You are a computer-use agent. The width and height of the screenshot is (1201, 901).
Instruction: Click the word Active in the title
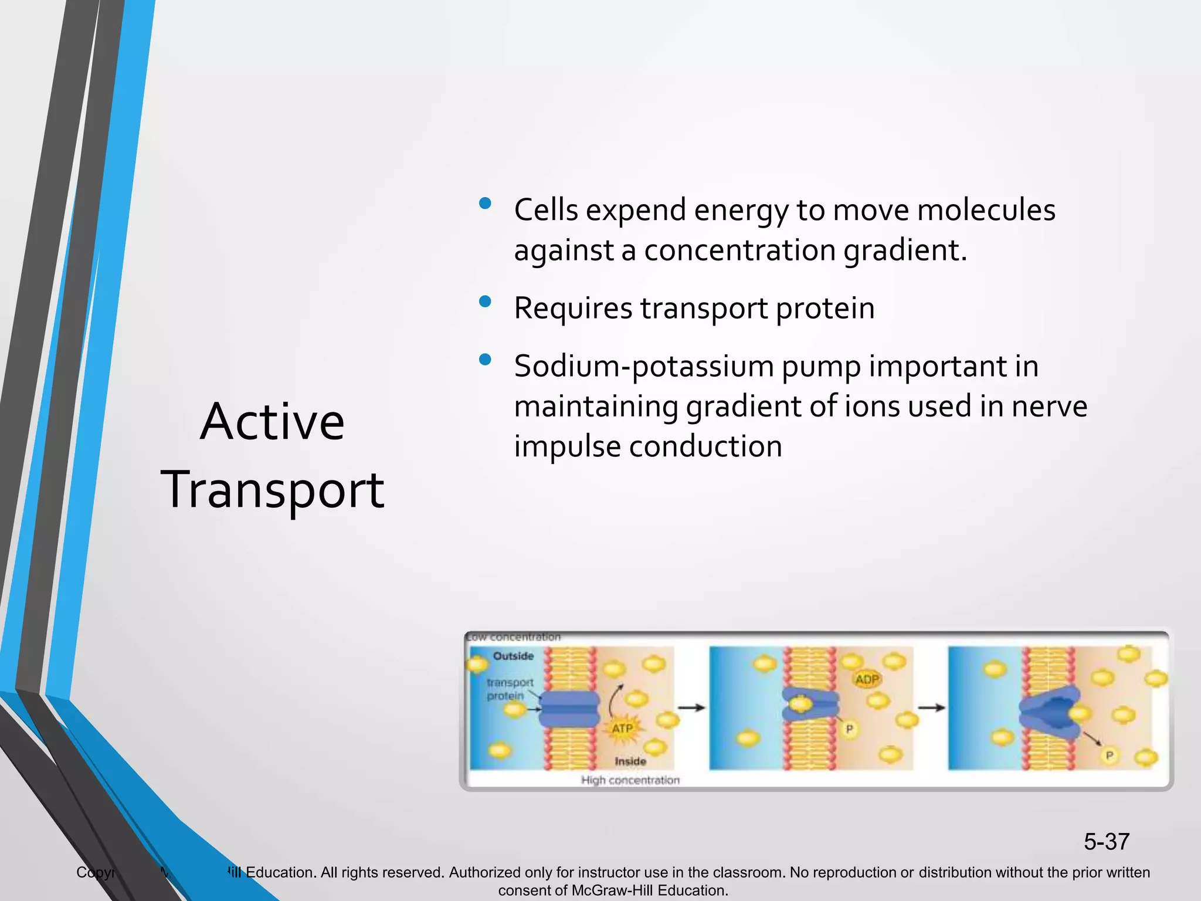click(x=272, y=422)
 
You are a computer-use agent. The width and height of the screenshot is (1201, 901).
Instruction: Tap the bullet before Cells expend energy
click(x=484, y=204)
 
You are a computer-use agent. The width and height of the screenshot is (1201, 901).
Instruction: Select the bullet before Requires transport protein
click(x=484, y=302)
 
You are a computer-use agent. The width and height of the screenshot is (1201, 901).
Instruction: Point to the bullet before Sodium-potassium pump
click(x=484, y=360)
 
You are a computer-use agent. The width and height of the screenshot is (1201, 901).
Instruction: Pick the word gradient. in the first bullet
click(x=905, y=251)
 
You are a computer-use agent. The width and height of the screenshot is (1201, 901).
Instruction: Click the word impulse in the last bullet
click(x=566, y=447)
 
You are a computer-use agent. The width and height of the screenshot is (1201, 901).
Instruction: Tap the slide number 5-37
click(x=1106, y=842)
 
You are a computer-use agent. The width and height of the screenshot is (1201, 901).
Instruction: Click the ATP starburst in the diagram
click(x=622, y=729)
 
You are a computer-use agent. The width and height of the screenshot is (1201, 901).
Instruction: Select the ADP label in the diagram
click(x=867, y=679)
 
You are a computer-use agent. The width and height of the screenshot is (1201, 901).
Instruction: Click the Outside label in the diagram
click(x=513, y=656)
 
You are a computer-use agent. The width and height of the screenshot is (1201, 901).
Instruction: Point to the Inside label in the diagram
click(x=630, y=761)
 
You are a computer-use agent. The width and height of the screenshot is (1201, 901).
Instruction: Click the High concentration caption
click(x=630, y=780)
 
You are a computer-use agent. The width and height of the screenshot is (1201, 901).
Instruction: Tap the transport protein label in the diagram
click(x=510, y=689)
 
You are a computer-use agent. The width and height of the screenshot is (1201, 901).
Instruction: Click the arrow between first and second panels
click(x=691, y=708)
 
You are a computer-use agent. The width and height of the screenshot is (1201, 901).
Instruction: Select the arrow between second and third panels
click(x=931, y=708)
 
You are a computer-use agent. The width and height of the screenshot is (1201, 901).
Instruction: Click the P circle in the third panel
click(x=1109, y=756)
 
